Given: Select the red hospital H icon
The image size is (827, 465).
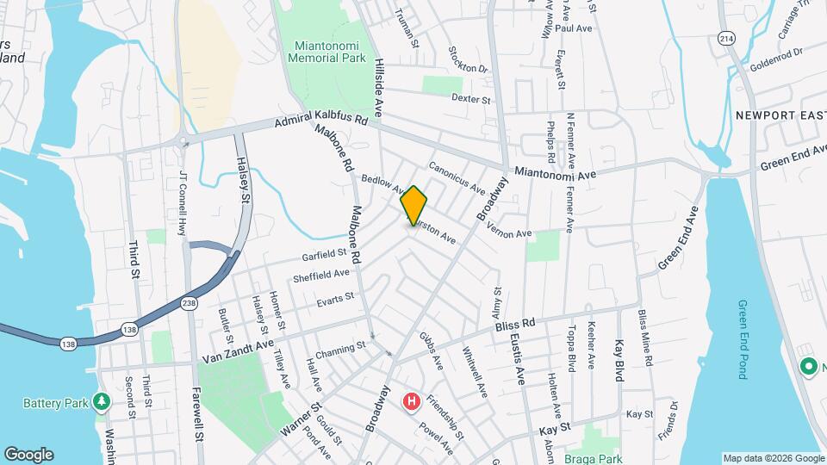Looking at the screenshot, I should pyautogui.click(x=412, y=401).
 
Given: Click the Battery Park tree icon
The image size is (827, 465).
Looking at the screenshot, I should pyautogui.click(x=102, y=401).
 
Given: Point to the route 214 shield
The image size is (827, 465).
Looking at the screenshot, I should pyautogui.click(x=726, y=40).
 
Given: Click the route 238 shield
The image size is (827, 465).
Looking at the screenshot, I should pyautogui.click(x=190, y=303).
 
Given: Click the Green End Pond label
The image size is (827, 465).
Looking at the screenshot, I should pyautogui.click(x=743, y=339).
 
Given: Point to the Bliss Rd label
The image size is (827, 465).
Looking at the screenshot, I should pyautogui.click(x=515, y=325).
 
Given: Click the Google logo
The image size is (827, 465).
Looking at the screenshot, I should pyautogui.click(x=28, y=454).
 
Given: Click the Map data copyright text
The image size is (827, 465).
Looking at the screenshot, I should pyautogui.click(x=773, y=458).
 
